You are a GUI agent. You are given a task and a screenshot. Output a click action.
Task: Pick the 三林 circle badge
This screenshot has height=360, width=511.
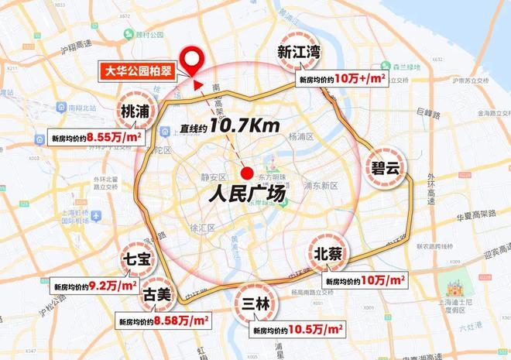[255, 304]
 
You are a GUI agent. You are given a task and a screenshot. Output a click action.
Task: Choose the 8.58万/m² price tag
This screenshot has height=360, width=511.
[159, 319]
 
